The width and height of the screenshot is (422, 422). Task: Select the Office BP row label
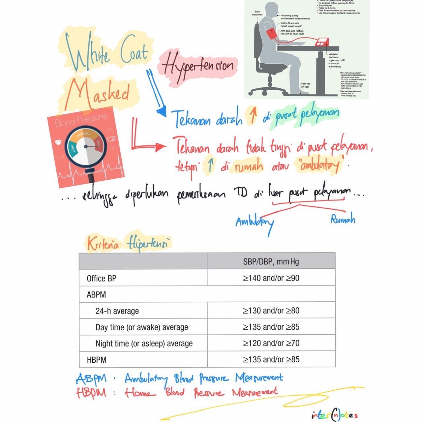coord(102,279)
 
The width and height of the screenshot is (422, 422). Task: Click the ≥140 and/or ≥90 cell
coord(271,278)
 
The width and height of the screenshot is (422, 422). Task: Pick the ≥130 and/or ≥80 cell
coord(271,311)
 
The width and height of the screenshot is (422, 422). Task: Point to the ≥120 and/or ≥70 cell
coord(271,343)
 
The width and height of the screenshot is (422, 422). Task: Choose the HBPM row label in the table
coord(97,360)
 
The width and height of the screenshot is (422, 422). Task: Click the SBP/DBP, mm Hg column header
coord(271,262)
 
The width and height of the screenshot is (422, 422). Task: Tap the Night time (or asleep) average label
coord(144,344)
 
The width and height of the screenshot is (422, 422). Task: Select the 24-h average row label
coord(117,311)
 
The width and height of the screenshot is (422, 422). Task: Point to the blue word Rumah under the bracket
coord(343,219)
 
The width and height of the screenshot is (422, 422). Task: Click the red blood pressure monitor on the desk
coord(321,42)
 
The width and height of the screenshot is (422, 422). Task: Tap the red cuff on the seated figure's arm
coord(271,34)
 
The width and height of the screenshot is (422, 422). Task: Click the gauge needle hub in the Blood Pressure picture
coord(86,146)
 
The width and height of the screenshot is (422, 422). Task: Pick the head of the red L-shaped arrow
coord(162,147)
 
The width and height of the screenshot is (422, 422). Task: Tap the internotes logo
coord(334,414)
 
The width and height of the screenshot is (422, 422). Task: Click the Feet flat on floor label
coord(305,85)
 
